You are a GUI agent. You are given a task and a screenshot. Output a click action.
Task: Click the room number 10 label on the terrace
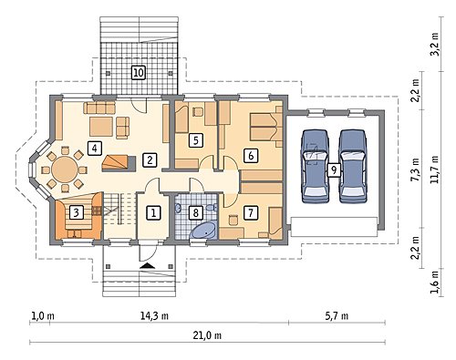click(x=139, y=73)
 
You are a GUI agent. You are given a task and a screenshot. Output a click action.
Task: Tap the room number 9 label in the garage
click(x=334, y=170)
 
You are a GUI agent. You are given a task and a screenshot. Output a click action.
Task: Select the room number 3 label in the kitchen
click(x=77, y=212)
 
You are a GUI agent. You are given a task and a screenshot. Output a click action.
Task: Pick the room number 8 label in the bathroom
click(x=195, y=212)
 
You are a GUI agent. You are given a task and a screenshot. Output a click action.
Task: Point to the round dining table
click(x=65, y=170)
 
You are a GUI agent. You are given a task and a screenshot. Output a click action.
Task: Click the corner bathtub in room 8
click(x=204, y=231)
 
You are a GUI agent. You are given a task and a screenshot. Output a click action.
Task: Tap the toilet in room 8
click(x=211, y=208)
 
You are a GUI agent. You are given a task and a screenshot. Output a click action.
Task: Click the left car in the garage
click(x=316, y=166)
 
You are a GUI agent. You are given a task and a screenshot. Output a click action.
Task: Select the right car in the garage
click(x=353, y=166)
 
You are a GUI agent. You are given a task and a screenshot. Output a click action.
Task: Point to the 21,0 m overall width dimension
click(x=207, y=335)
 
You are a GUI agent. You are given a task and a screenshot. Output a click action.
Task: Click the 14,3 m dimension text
click(x=154, y=316)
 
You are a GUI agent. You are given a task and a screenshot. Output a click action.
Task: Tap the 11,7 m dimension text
click(x=435, y=170)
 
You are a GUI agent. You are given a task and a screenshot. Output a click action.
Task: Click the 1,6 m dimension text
click(x=435, y=283)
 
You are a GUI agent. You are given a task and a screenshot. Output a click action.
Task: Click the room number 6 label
click(x=251, y=156)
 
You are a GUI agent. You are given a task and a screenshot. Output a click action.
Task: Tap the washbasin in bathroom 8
click(x=178, y=208)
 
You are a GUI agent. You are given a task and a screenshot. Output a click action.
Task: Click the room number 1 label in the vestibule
click(x=153, y=212)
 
